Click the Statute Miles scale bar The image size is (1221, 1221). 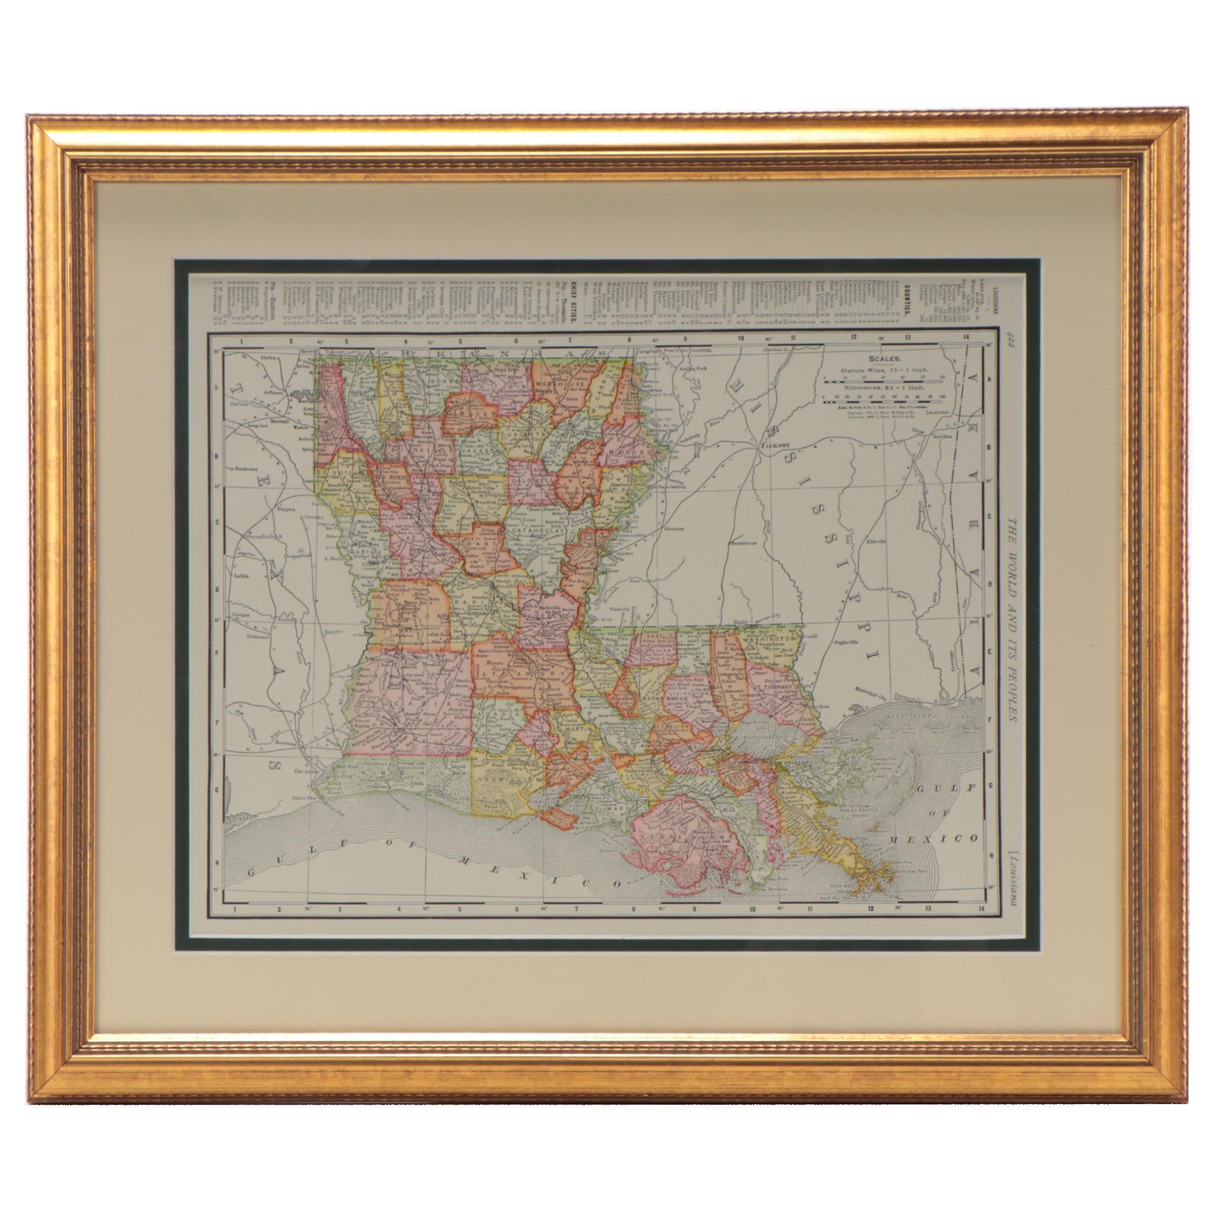pyautogui.click(x=883, y=381)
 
